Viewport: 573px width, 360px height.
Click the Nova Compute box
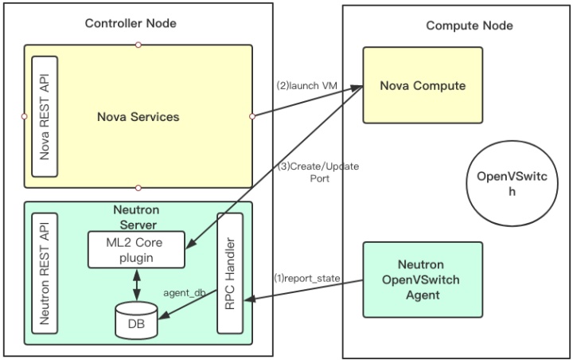[422, 85]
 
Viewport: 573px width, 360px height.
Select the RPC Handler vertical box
[231, 272]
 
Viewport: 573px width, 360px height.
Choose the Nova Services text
[138, 116]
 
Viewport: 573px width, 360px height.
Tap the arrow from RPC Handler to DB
[191, 311]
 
